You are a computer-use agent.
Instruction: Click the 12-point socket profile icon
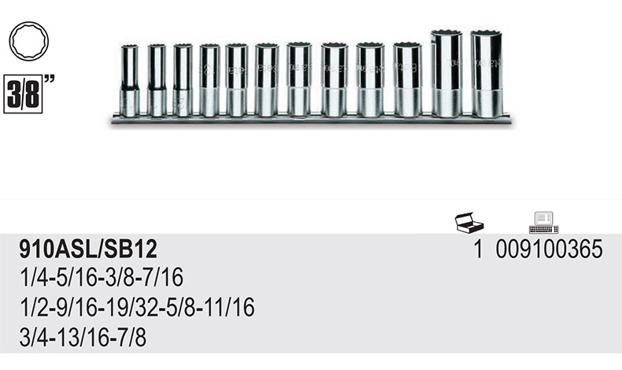29,41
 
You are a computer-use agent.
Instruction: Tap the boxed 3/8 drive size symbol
23,94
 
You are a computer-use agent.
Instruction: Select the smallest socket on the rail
130,81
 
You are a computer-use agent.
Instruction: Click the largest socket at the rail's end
487,74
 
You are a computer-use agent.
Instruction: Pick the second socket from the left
157,80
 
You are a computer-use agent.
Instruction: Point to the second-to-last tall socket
446,73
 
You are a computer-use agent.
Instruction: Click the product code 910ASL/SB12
88,249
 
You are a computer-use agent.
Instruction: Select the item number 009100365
549,249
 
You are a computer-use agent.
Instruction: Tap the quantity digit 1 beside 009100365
479,249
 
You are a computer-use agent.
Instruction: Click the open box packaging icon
469,223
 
